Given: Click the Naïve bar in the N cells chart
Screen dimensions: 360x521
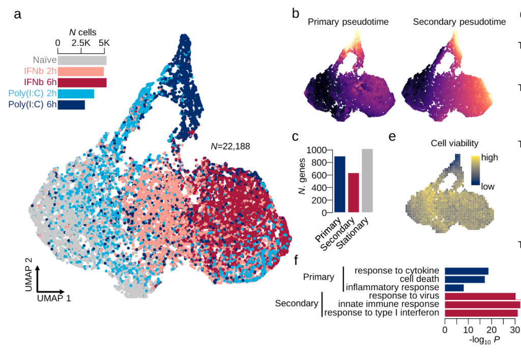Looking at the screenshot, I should click(x=82, y=60).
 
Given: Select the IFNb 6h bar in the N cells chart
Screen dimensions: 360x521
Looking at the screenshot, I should click(x=82, y=82).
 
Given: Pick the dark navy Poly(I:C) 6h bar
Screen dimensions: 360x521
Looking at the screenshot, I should click(x=71, y=105).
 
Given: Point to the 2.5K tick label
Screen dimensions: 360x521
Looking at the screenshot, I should click(x=81, y=44).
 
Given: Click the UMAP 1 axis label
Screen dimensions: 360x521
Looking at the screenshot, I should click(x=54, y=298).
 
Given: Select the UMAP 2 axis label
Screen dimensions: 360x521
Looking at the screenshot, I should click(x=28, y=274).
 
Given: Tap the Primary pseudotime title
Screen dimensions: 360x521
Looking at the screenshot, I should click(x=348, y=22).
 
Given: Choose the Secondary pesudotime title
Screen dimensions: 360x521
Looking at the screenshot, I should click(x=459, y=22).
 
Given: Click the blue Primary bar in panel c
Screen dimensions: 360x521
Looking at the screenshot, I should click(x=339, y=184).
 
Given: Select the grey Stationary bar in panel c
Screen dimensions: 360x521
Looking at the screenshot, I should click(x=367, y=180).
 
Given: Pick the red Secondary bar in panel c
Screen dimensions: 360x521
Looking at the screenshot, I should click(x=353, y=192).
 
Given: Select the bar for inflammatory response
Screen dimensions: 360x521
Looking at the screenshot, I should click(x=454, y=288).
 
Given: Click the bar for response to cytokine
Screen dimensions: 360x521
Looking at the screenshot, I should click(x=467, y=271).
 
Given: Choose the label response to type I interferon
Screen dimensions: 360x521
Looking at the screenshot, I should click(x=382, y=312).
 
